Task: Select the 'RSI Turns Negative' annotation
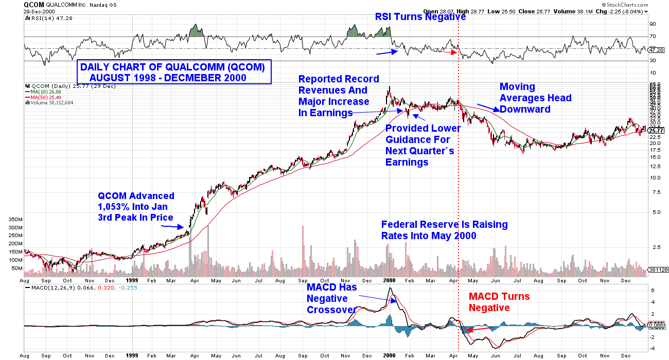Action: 420,17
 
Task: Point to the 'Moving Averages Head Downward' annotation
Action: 535,98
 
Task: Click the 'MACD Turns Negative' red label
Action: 499,302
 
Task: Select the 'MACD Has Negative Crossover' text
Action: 331,298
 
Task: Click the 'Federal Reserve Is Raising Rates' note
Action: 444,230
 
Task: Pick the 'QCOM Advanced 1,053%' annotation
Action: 136,206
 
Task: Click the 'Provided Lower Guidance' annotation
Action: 422,145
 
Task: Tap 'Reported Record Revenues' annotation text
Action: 339,96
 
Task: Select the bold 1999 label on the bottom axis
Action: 132,355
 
